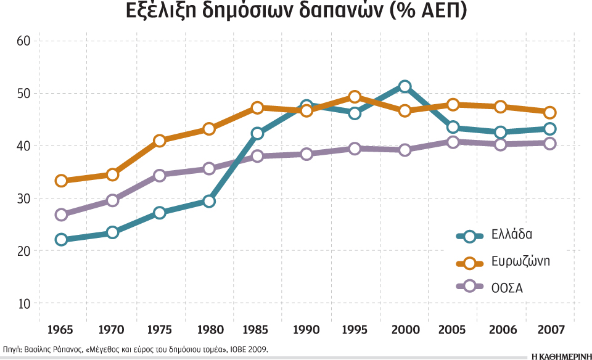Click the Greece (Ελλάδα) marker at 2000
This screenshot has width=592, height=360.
[x=405, y=86]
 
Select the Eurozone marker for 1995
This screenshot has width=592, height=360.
[x=355, y=97]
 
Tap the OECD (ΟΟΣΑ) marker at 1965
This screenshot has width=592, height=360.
[x=61, y=215]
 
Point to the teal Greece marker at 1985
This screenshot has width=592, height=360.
[x=258, y=133]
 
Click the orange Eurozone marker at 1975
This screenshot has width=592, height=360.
[x=160, y=141]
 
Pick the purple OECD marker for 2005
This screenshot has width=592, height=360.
[x=453, y=142]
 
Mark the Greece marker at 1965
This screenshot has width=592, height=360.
[x=61, y=239]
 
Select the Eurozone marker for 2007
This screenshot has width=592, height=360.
[x=549, y=112]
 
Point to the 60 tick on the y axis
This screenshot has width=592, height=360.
[x=23, y=41]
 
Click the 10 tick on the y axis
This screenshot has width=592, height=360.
[x=23, y=304]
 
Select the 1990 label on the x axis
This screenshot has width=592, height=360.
[x=306, y=330]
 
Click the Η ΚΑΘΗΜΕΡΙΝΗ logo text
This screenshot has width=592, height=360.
[x=556, y=350]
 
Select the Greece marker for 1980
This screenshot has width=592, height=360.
[x=208, y=201]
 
